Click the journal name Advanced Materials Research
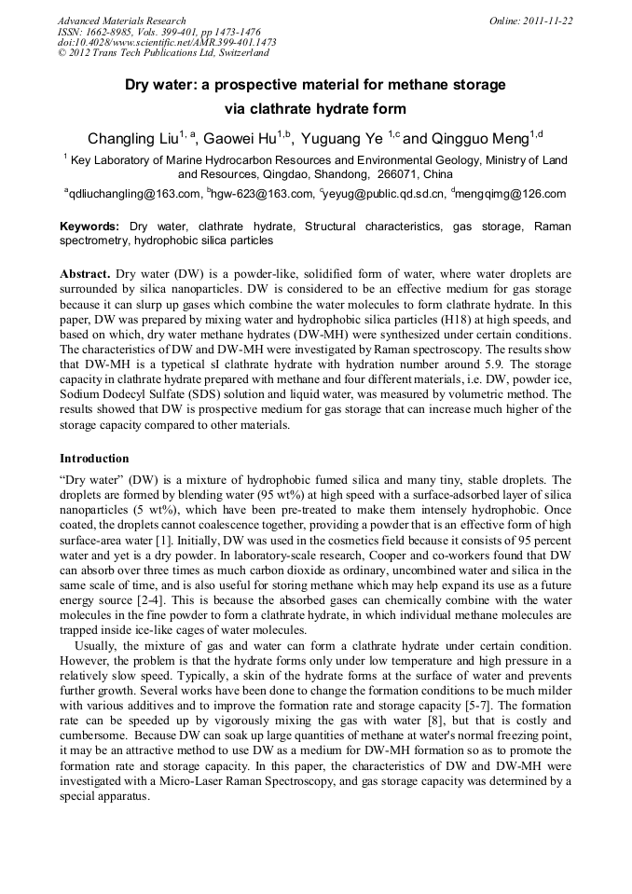pyautogui.click(x=121, y=21)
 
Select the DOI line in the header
pyautogui.click(x=167, y=42)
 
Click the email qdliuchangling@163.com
pyautogui.click(x=133, y=194)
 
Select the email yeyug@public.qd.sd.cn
pyautogui.click(x=383, y=194)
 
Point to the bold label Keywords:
pyautogui.click(x=89, y=227)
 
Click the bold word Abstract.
pyautogui.click(x=85, y=275)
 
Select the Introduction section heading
pyautogui.click(x=94, y=459)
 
